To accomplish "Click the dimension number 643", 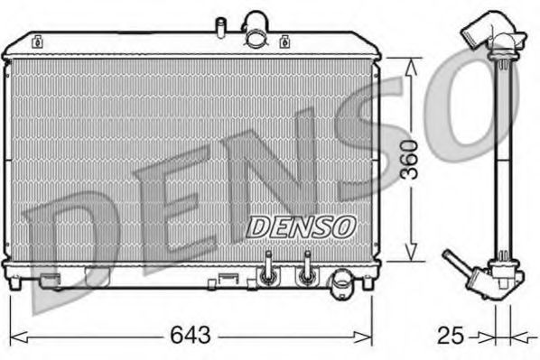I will point(190,336).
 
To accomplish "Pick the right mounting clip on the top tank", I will point(286,41).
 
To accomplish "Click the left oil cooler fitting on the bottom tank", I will point(267,268).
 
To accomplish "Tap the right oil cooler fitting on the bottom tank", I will point(307,268).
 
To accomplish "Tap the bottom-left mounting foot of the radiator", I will point(16,282).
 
